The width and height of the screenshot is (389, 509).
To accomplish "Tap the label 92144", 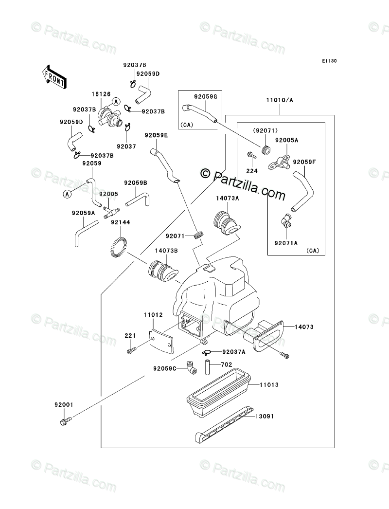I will click(x=120, y=222).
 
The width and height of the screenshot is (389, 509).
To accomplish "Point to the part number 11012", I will click(x=153, y=315).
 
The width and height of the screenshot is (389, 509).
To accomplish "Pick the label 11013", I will click(x=268, y=384).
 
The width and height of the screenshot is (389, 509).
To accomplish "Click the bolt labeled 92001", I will click(x=65, y=420).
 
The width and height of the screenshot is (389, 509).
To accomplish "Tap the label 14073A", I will click(x=228, y=198).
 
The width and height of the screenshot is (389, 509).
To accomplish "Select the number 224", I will click(x=251, y=171).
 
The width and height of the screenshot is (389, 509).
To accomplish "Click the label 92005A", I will click(x=286, y=140).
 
